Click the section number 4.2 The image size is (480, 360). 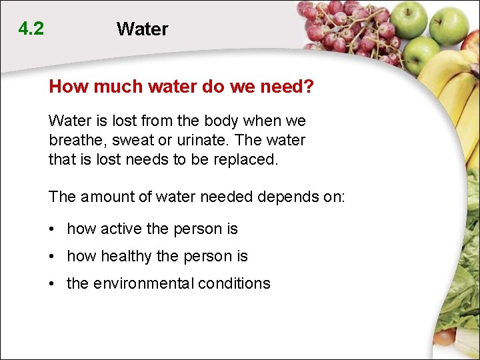[31, 29]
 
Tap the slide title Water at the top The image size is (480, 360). [142, 29]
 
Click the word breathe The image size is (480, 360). [75, 141]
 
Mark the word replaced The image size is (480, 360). [256, 160]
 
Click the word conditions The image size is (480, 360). [236, 283]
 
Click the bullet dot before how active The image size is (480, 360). [52, 229]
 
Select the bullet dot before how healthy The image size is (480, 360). [52, 257]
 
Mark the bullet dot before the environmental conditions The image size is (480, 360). [52, 284]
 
